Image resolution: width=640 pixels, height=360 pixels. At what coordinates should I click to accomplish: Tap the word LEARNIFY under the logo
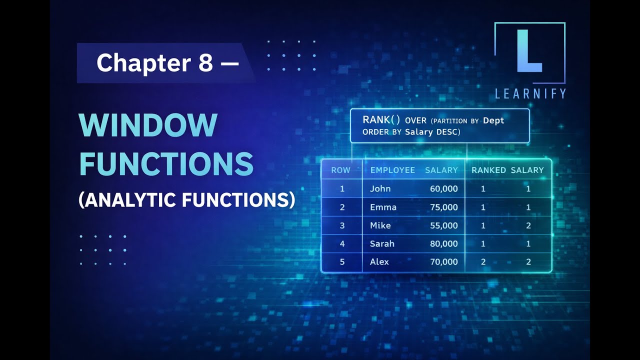pyautogui.click(x=530, y=93)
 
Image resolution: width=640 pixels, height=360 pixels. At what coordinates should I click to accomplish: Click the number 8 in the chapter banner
pyautogui.click(x=205, y=63)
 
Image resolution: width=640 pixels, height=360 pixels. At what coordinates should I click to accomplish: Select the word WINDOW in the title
pyautogui.click(x=148, y=125)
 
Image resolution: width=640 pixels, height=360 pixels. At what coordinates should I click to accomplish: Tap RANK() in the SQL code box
pyautogui.click(x=381, y=120)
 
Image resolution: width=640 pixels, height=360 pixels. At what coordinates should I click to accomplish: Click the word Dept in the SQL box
pyautogui.click(x=493, y=121)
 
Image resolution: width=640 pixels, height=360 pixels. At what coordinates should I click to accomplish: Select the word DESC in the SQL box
pyautogui.click(x=448, y=132)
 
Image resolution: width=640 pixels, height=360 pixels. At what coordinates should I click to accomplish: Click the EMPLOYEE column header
pyautogui.click(x=392, y=170)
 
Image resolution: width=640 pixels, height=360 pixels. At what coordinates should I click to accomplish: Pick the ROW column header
pyautogui.click(x=340, y=170)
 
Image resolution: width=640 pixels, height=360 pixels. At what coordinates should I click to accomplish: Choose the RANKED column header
pyautogui.click(x=488, y=170)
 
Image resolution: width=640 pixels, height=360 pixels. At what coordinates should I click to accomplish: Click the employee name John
pyautogui.click(x=380, y=188)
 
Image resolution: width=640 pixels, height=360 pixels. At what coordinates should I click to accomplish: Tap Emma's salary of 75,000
pyautogui.click(x=444, y=207)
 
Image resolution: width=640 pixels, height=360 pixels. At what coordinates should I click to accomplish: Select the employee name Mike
pyautogui.click(x=380, y=225)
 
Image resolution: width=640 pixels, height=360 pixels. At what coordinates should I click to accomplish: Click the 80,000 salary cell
pyautogui.click(x=444, y=243)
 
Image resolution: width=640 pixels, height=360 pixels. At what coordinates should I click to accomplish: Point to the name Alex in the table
pyautogui.click(x=379, y=261)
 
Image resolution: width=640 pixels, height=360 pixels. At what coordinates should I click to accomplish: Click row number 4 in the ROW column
pyautogui.click(x=342, y=243)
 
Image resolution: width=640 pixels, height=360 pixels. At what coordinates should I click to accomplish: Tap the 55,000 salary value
pyautogui.click(x=444, y=225)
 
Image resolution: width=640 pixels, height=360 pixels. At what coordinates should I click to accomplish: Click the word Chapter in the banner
pyautogui.click(x=143, y=63)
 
